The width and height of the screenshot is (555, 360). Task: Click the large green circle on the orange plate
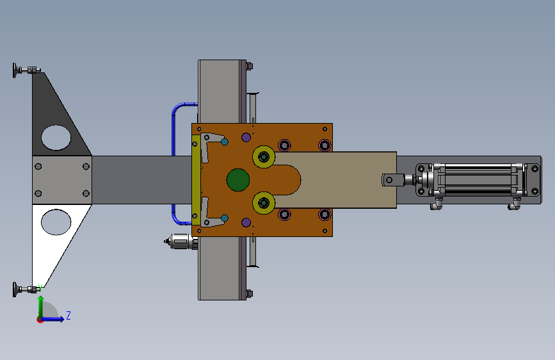click(x=238, y=180)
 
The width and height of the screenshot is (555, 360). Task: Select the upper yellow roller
click(x=264, y=156)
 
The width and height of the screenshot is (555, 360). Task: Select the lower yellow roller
click(x=264, y=203)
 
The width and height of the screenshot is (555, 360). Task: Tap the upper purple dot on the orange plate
click(x=246, y=137)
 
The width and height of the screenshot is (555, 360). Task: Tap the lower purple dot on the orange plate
click(x=246, y=222)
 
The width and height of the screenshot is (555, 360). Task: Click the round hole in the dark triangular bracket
click(x=56, y=138)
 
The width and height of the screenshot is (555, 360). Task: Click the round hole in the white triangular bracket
click(x=56, y=222)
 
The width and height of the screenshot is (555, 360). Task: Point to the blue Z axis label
click(x=68, y=315)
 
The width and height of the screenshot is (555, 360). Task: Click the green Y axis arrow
click(x=41, y=307)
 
